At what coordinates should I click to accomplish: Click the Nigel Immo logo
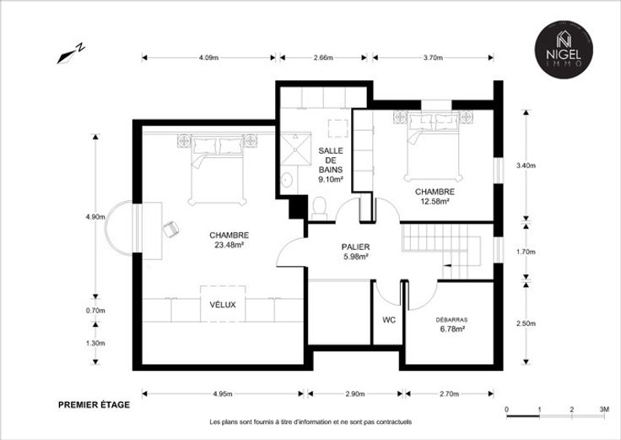pyautogui.click(x=564, y=50)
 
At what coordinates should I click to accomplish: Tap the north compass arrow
pyautogui.click(x=71, y=53)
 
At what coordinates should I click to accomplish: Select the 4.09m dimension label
pyautogui.click(x=208, y=58)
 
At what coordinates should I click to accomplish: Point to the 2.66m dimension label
pyautogui.click(x=323, y=58)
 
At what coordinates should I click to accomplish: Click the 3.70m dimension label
pyautogui.click(x=433, y=58)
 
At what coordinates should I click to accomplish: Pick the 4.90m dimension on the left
pyautogui.click(x=95, y=217)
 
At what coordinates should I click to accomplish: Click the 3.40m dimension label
pyautogui.click(x=526, y=166)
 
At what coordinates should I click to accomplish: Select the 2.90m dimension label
pyautogui.click(x=355, y=394)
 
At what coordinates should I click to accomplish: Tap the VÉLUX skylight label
pyautogui.click(x=223, y=305)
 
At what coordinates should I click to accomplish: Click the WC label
pyautogui.click(x=389, y=320)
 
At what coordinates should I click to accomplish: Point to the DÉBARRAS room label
pyautogui.click(x=451, y=320)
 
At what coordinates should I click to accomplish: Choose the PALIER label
pyautogui.click(x=356, y=247)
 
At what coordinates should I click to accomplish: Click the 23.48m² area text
pyautogui.click(x=229, y=245)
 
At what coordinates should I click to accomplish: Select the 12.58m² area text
pyautogui.click(x=435, y=201)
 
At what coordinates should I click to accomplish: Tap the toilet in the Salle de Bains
pyautogui.click(x=319, y=209)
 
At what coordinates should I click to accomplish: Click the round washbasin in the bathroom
pyautogui.click(x=287, y=181)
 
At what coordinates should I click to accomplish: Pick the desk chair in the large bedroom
pyautogui.click(x=170, y=229)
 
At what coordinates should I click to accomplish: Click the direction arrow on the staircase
pyautogui.click(x=447, y=265)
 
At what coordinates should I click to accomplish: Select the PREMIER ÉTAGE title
pyautogui.click(x=94, y=405)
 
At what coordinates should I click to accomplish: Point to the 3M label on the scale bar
pyautogui.click(x=604, y=410)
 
